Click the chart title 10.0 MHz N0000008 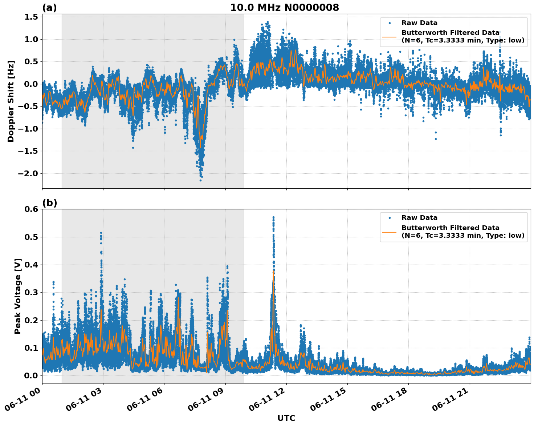[x=284, y=8]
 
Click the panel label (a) [x=49, y=8]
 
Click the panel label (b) [x=49, y=203]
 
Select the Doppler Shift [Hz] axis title [x=11, y=101]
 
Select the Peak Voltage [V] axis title [x=18, y=296]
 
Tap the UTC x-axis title [x=286, y=418]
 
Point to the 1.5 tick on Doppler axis [x=32, y=17]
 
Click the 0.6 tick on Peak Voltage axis [x=32, y=209]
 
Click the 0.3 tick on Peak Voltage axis [x=32, y=293]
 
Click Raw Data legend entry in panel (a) [x=419, y=23]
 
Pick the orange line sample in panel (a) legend [x=390, y=36]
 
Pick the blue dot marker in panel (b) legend [x=390, y=218]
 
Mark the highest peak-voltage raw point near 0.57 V [x=273, y=217]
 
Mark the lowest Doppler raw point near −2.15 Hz [x=200, y=180]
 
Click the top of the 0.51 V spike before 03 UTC [x=101, y=233]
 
